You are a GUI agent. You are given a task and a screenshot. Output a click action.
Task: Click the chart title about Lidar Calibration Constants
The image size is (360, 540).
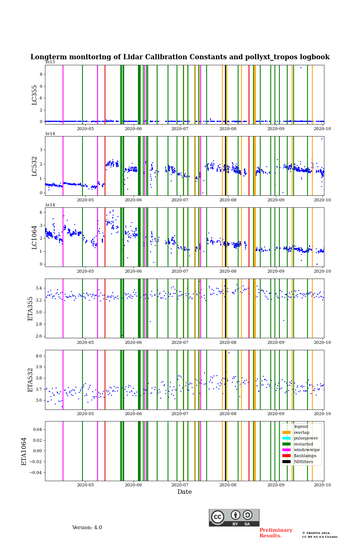180,57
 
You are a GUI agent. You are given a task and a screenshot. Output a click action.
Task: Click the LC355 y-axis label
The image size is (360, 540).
34,95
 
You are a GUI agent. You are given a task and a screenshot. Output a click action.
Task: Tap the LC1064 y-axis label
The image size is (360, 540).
34,237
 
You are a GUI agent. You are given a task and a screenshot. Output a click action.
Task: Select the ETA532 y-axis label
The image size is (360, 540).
31,379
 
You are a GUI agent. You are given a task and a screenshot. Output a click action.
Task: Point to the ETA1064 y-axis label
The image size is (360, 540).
24,451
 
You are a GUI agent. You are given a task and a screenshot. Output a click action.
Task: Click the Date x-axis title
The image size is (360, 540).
184,492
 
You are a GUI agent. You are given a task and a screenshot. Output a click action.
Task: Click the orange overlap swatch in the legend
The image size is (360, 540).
286,432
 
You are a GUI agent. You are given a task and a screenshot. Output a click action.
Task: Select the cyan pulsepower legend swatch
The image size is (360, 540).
286,438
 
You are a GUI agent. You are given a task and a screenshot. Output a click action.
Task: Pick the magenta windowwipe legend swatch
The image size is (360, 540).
286,450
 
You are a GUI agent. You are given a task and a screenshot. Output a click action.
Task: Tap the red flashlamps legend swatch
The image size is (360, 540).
286,456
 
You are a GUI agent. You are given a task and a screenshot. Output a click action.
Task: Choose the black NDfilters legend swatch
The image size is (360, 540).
286,462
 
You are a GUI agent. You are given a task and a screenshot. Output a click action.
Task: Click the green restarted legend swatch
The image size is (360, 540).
286,444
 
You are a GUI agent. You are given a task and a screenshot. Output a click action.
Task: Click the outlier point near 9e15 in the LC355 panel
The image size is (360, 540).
301,67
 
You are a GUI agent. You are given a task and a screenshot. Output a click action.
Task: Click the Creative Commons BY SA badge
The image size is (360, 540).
234,517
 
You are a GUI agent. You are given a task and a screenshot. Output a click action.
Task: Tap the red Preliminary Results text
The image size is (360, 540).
276,533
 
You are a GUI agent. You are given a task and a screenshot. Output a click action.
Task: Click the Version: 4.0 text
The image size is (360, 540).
87,528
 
